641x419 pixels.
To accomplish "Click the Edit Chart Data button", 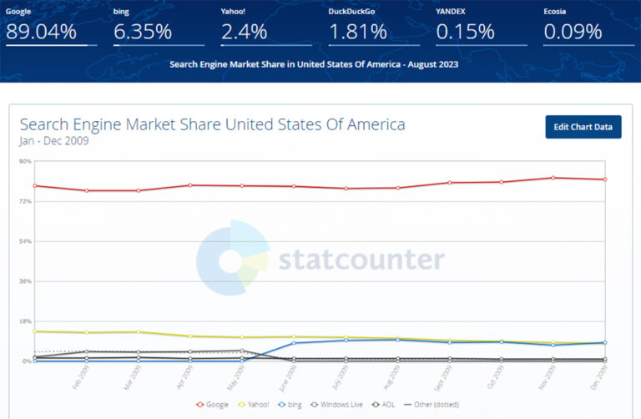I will click(x=583, y=127).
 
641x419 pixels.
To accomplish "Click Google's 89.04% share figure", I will click(x=41, y=33).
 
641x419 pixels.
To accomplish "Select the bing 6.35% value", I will click(x=142, y=33).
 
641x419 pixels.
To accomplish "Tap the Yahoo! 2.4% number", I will click(x=244, y=33).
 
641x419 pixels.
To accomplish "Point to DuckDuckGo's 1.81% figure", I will click(x=357, y=33).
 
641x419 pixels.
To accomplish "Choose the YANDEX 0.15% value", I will click(x=465, y=33).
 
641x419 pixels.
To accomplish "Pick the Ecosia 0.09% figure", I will click(x=573, y=33).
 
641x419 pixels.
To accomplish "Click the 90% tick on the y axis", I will click(x=25, y=162).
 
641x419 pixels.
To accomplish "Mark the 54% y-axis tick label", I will click(x=25, y=241).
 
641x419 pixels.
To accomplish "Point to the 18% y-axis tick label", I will click(x=25, y=321).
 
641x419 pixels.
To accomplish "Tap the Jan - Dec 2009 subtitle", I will click(x=53, y=141).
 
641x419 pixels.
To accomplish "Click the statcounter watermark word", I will click(x=361, y=260).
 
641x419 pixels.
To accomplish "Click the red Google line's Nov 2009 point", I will click(x=553, y=178).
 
